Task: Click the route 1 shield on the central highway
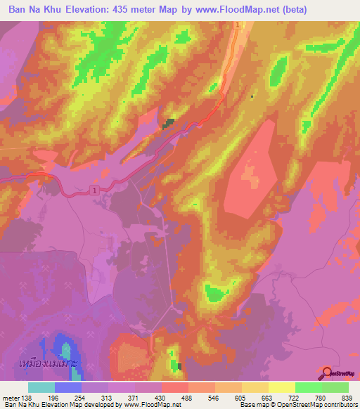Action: (94, 190)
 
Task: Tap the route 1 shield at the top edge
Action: (238, 25)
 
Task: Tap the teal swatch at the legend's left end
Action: (41, 387)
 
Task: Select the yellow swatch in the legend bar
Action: (281, 387)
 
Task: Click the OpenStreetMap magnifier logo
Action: (327, 372)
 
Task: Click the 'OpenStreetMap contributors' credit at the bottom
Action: (317, 405)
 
